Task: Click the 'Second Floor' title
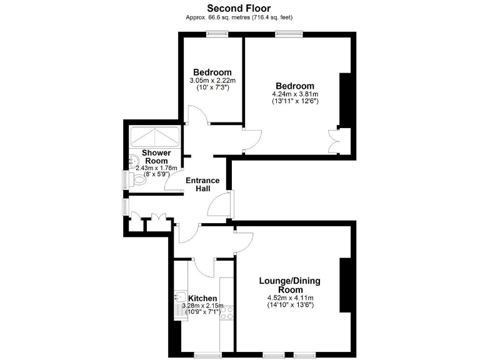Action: (239, 8)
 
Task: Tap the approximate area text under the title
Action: (239, 17)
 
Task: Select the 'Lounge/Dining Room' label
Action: (290, 285)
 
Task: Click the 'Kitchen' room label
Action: (202, 298)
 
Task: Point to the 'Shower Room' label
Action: (156, 157)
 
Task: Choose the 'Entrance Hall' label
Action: (202, 184)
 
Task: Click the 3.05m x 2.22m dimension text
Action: (212, 81)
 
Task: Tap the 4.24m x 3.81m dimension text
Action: (295, 94)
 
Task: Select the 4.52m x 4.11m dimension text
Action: (290, 297)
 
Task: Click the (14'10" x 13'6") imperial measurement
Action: (290, 305)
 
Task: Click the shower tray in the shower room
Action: (154, 136)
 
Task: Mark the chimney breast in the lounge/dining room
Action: (344, 285)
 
